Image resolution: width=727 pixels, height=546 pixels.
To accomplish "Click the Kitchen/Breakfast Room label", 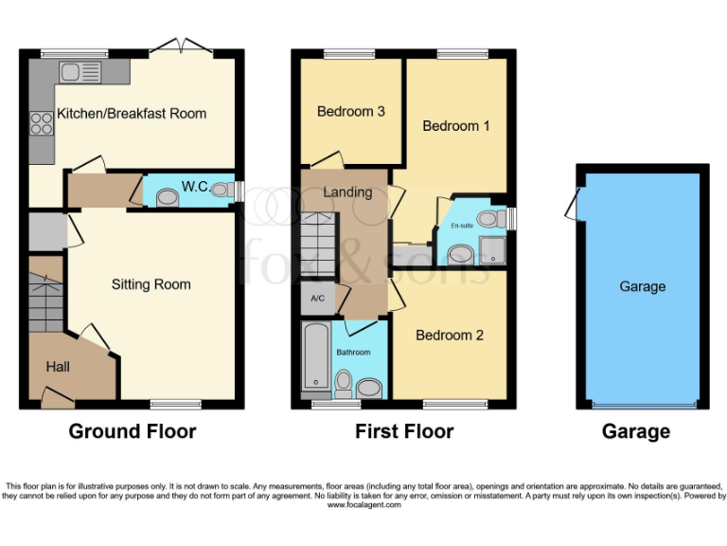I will pos(132,114).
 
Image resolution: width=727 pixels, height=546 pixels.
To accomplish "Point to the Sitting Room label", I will pos(151,284).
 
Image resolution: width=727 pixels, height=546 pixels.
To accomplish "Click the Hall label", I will pos(59,367).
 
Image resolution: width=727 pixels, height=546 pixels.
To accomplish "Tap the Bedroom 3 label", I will pos(350,112).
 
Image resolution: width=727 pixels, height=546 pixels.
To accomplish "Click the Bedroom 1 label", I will pos(455,126).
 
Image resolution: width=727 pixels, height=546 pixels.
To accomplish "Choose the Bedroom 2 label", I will pos(450,336).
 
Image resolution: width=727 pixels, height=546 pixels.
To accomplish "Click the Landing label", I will pos(347,192).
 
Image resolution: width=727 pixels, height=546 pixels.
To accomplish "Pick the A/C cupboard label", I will pos(316,300).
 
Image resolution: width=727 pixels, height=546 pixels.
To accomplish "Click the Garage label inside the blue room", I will pos(642,286).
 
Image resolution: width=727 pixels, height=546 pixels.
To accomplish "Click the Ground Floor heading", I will pos(132,432).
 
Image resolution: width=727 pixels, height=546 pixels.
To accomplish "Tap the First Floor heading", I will pos(404,432).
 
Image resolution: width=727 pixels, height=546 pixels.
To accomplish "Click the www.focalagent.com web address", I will pos(363,505).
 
